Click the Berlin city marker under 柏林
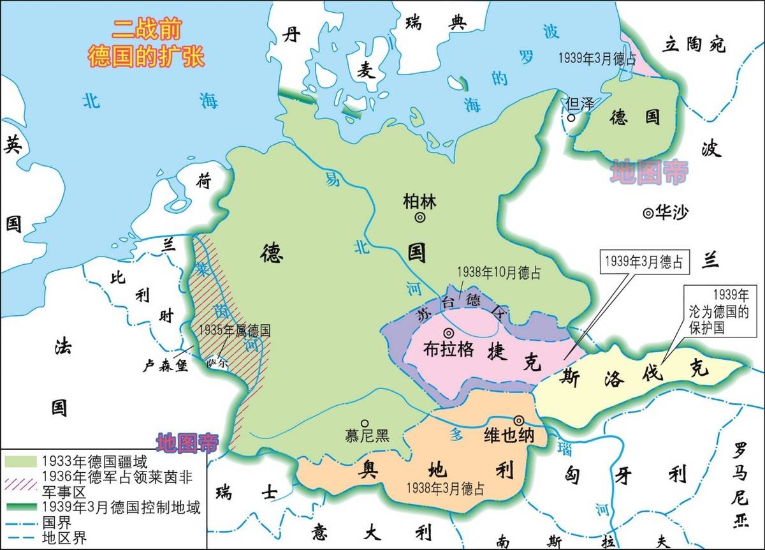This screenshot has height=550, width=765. click(420, 218)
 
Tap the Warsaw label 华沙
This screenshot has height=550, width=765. click(673, 213)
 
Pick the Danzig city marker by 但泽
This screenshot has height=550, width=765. click(572, 117)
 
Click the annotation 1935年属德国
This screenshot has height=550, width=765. click(235, 331)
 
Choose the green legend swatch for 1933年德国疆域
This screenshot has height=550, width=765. click(20, 461)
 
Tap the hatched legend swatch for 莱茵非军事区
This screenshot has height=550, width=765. click(20, 477)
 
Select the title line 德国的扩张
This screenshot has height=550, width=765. click(146, 56)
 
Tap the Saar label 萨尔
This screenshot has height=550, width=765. click(217, 363)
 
